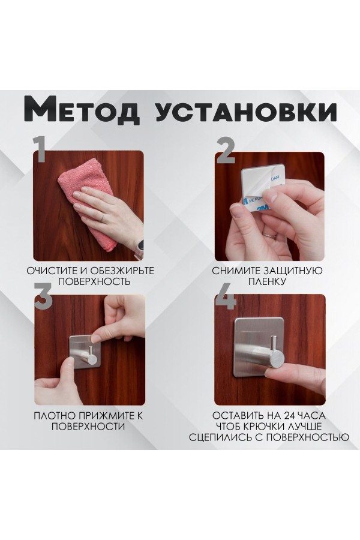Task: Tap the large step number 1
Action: (x=40, y=150)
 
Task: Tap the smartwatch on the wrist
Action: (x=139, y=247)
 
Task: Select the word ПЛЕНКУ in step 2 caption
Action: (x=268, y=281)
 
